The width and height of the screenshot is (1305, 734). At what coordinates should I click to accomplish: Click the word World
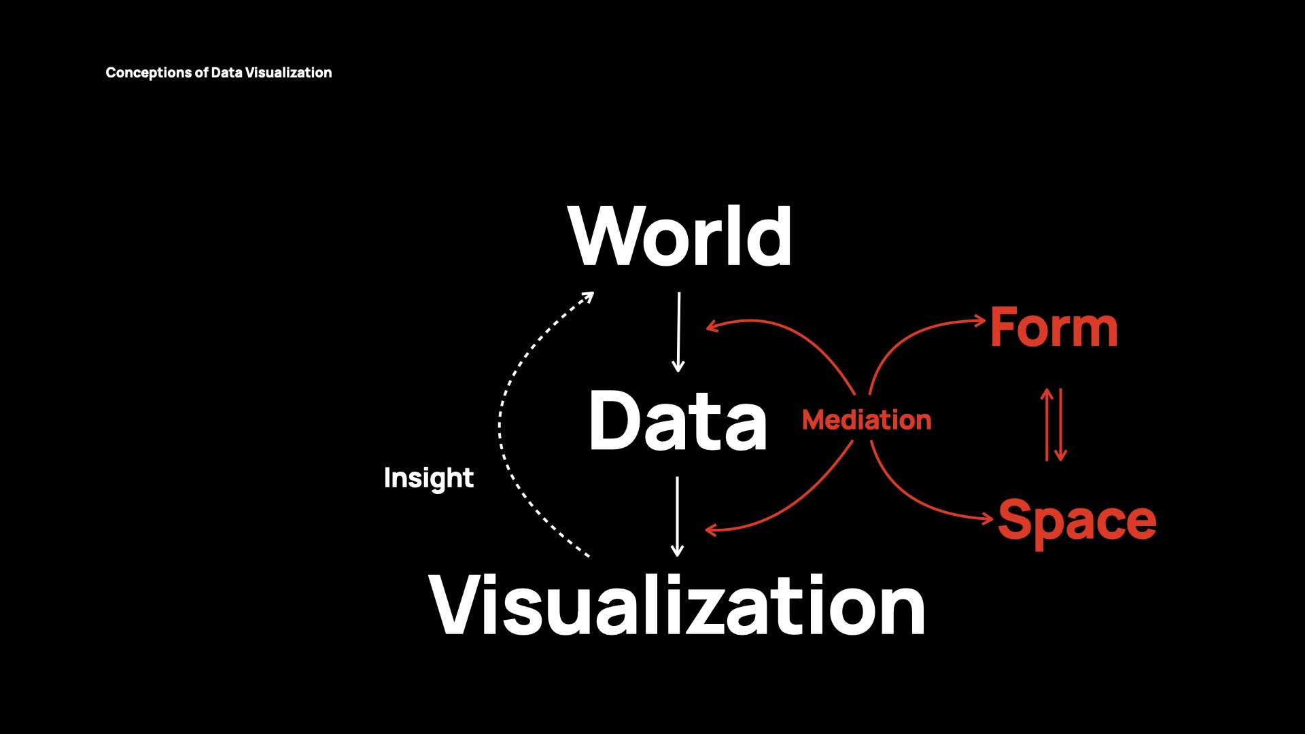click(x=680, y=237)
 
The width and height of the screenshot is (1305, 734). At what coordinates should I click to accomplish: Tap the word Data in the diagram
click(x=678, y=421)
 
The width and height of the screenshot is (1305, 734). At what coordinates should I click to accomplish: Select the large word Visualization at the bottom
click(x=677, y=605)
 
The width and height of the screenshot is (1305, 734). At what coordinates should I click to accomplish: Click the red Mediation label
click(x=867, y=420)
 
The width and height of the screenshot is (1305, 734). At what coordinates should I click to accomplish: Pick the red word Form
click(x=1054, y=328)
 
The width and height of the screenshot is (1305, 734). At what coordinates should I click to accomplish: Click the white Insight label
click(x=428, y=478)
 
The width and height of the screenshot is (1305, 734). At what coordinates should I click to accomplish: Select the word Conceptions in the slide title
click(x=149, y=73)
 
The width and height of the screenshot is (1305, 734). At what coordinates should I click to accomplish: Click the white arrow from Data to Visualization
click(x=677, y=516)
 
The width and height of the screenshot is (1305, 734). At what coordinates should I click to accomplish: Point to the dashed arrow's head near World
click(x=588, y=297)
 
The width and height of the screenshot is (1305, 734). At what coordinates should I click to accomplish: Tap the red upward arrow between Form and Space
click(x=1047, y=425)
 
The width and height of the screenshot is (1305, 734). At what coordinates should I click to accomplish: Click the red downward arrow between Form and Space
click(x=1061, y=425)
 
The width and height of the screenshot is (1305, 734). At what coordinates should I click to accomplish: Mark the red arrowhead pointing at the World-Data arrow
click(x=711, y=327)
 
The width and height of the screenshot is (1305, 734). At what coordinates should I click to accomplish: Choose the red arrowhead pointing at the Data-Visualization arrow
click(x=711, y=530)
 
